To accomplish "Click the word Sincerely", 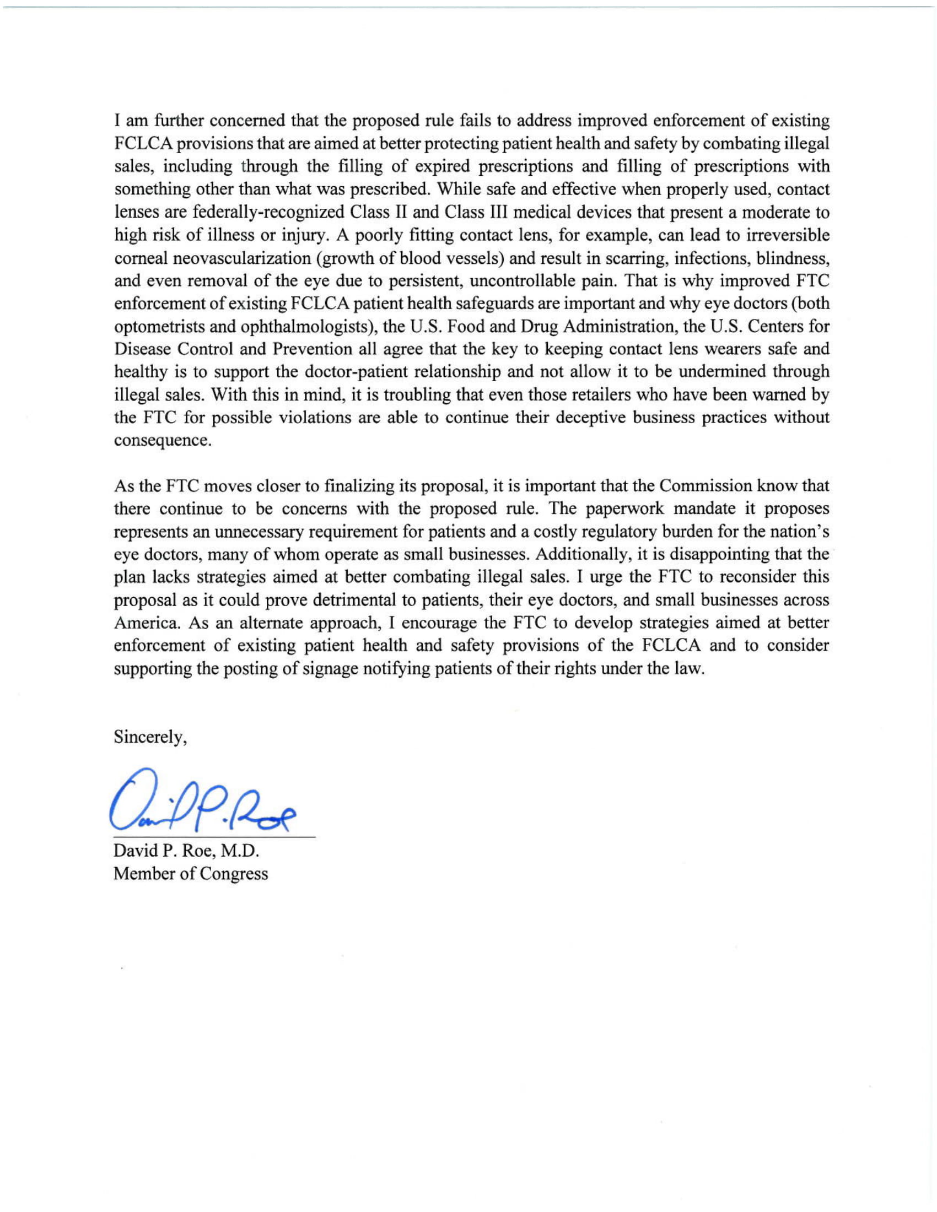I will click(x=150, y=737).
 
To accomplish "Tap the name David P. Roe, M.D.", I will click(x=186, y=850).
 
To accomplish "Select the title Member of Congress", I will click(x=190, y=874).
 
